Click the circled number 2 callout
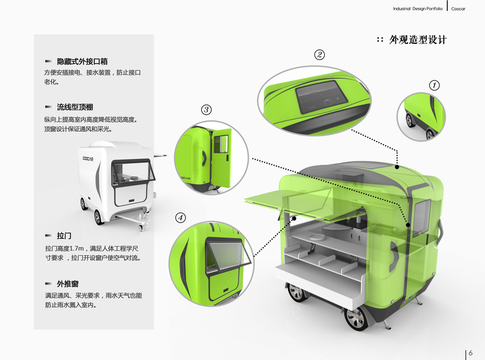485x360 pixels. click(319, 55)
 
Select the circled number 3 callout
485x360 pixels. click(206, 110)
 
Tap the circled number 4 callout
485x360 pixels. click(180, 217)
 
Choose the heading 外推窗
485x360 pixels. click(68, 283)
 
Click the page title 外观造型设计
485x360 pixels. click(418, 40)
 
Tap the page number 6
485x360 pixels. click(471, 352)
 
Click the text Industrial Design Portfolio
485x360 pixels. click(418, 9)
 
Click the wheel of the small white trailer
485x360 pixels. click(98, 217)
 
